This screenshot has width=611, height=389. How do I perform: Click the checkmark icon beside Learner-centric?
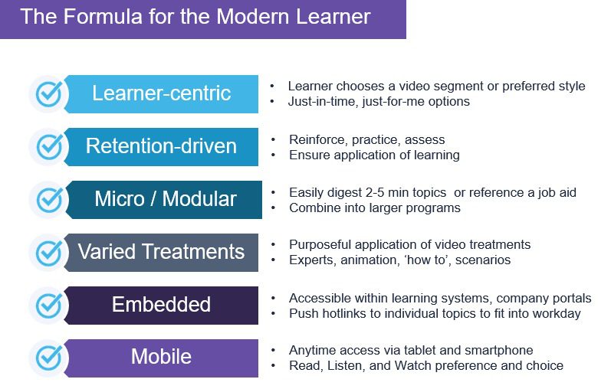(49, 94)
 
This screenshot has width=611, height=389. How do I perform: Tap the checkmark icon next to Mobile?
(49, 358)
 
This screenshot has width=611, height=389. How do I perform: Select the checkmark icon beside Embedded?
(49, 306)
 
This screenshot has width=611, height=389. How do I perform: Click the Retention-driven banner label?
(161, 146)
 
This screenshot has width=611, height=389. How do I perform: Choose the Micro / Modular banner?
(163, 199)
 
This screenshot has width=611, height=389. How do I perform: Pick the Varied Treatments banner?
(161, 253)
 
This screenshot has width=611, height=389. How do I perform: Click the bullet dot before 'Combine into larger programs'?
(274, 208)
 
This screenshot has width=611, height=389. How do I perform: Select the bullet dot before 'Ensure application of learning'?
(274, 155)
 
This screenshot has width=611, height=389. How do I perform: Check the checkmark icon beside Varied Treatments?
(49, 253)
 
